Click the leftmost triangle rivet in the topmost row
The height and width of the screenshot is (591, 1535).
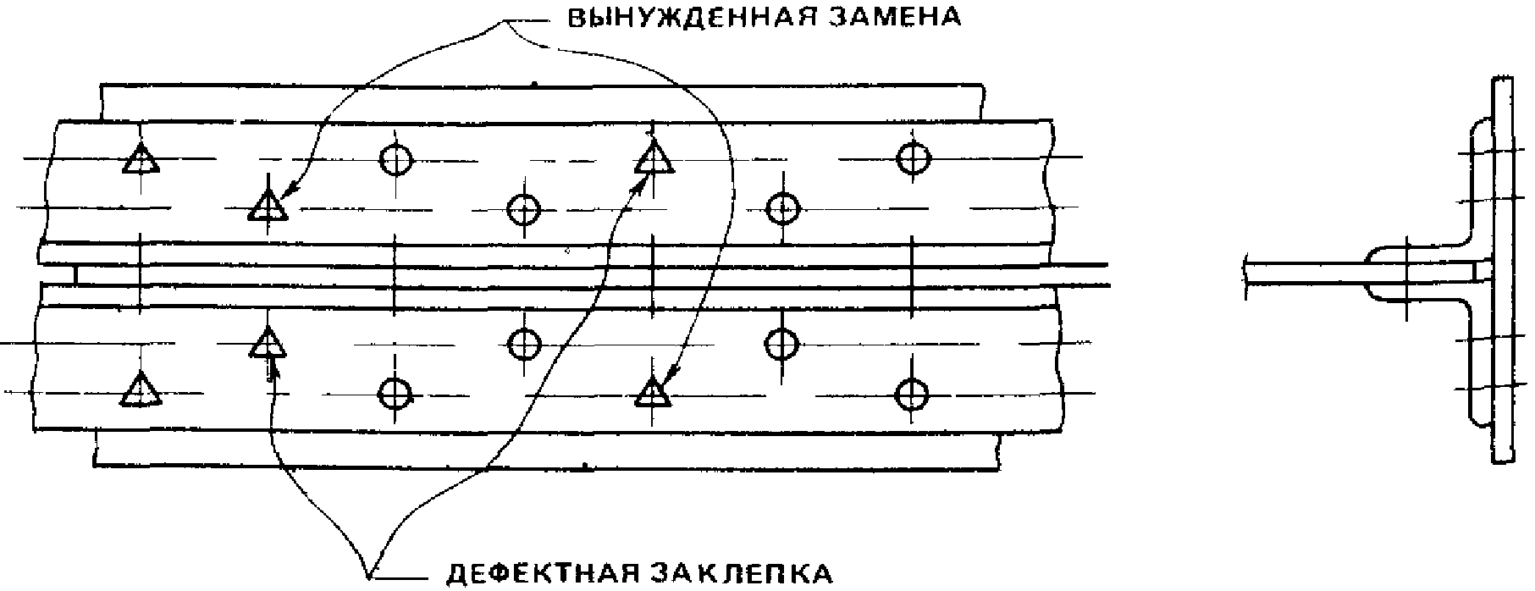(140, 159)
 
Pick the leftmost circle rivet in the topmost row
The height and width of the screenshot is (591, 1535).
(395, 158)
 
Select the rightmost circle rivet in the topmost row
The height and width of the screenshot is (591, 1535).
(913, 157)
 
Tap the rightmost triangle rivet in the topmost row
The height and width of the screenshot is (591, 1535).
(654, 159)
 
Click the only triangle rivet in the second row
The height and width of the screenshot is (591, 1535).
(268, 206)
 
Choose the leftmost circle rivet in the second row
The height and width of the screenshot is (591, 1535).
(523, 207)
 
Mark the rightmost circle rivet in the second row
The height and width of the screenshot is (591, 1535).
(782, 207)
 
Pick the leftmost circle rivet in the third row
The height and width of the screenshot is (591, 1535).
(523, 343)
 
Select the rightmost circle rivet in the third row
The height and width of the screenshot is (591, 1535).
(781, 343)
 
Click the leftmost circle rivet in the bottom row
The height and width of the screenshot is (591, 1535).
(395, 392)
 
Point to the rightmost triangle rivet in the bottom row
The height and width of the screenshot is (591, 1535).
(652, 393)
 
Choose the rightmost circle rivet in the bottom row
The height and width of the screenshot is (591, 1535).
(911, 392)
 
